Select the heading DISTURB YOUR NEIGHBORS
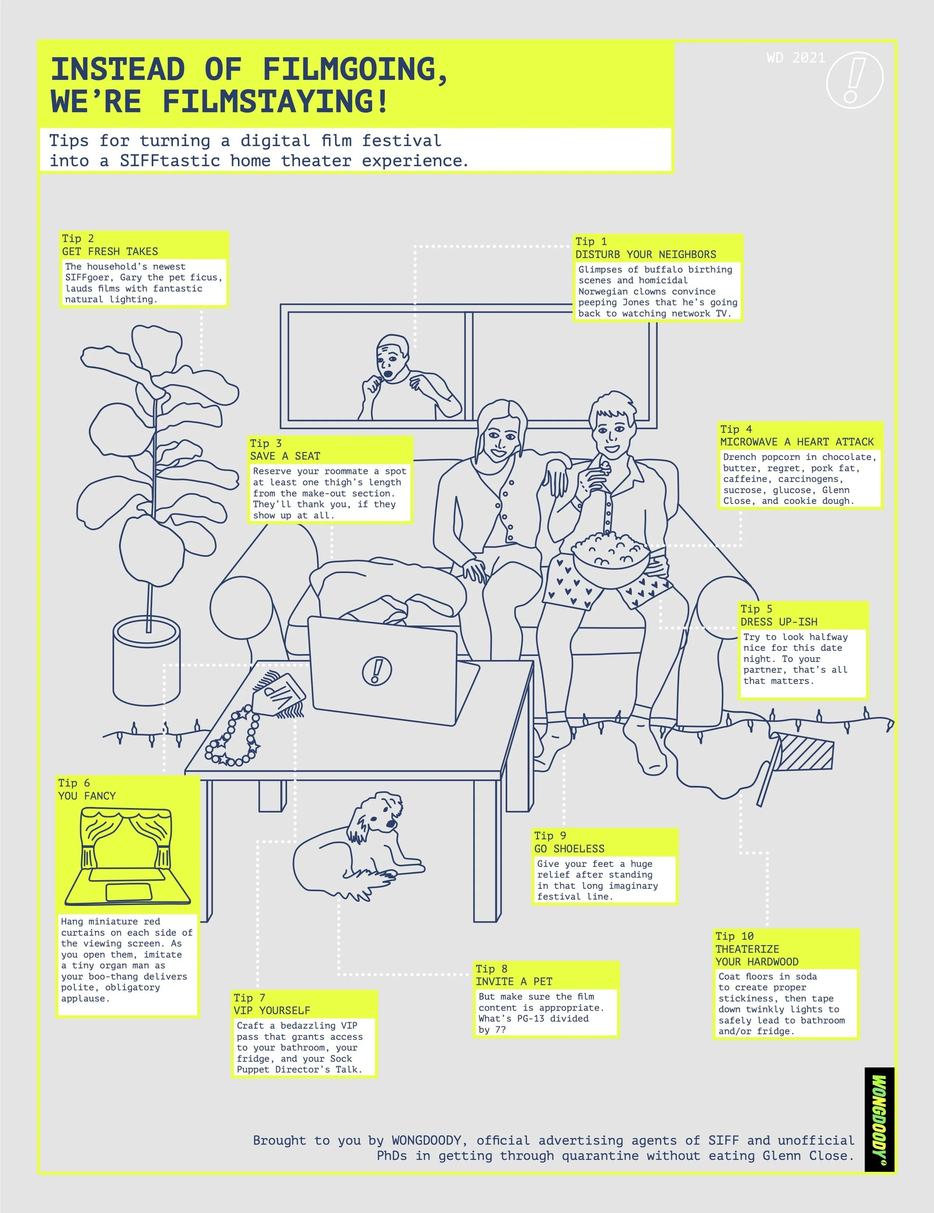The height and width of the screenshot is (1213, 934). coord(645,254)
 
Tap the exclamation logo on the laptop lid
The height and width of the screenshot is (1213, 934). coord(377,670)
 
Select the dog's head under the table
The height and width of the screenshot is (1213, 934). coord(383,812)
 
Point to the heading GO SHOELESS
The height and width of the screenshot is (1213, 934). coord(569,849)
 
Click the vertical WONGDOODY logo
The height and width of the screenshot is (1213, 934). coord(879,1119)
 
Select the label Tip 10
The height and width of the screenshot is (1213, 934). coord(734,936)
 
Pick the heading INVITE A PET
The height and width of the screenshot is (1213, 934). coord(514,981)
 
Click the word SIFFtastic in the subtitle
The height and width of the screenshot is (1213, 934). coord(169,161)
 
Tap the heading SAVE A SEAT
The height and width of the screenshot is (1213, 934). coord(285,456)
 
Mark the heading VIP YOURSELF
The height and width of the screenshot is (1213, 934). coord(272,1010)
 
